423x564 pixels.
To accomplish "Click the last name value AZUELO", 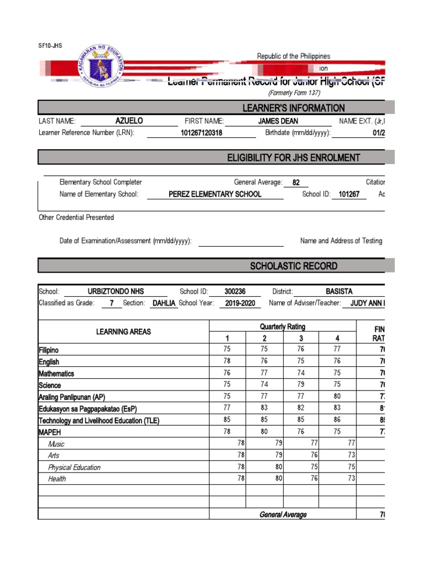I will [129, 121].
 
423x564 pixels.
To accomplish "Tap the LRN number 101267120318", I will [202, 133].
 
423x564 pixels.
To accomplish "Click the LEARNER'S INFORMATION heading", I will [294, 108].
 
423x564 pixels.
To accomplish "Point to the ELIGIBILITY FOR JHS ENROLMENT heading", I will [294, 158].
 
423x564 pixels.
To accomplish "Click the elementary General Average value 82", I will [296, 182].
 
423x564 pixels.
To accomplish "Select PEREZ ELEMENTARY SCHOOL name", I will [215, 194].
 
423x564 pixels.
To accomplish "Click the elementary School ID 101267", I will [349, 194].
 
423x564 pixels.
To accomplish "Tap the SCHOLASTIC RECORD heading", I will [294, 266].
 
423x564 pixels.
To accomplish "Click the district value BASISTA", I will [339, 291].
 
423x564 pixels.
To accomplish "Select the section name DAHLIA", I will [164, 303].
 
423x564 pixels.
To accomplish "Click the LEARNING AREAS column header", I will [123, 332].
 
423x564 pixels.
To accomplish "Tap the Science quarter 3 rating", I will [301, 385].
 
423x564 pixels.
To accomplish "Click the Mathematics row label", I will [56, 373].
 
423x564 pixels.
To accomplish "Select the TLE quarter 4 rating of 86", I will [337, 420].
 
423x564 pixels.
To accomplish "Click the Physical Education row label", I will [74, 467].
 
